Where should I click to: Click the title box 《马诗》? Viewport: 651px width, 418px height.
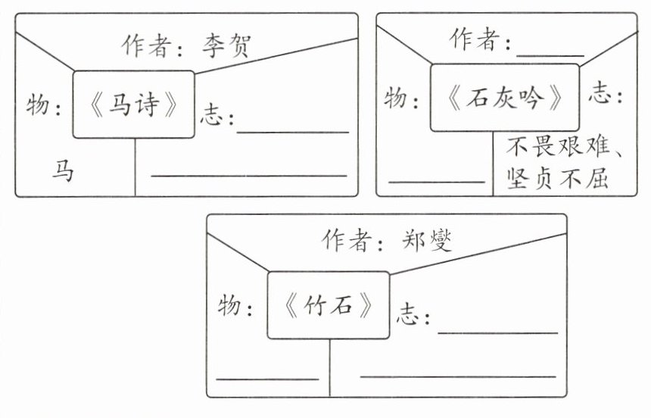pyautogui.click(x=133, y=104)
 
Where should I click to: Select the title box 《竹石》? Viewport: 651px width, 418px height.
pyautogui.click(x=329, y=304)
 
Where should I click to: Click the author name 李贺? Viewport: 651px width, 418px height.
pyautogui.click(x=225, y=48)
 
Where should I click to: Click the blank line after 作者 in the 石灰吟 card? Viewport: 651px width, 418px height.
pyautogui.click(x=550, y=53)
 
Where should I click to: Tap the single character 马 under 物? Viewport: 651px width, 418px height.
pyautogui.click(x=63, y=171)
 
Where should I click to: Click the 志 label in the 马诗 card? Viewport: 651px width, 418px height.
pyautogui.click(x=215, y=117)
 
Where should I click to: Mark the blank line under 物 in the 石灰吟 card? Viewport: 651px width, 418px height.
pyautogui.click(x=436, y=181)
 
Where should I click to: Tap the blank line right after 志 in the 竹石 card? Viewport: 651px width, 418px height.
pyautogui.click(x=497, y=331)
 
